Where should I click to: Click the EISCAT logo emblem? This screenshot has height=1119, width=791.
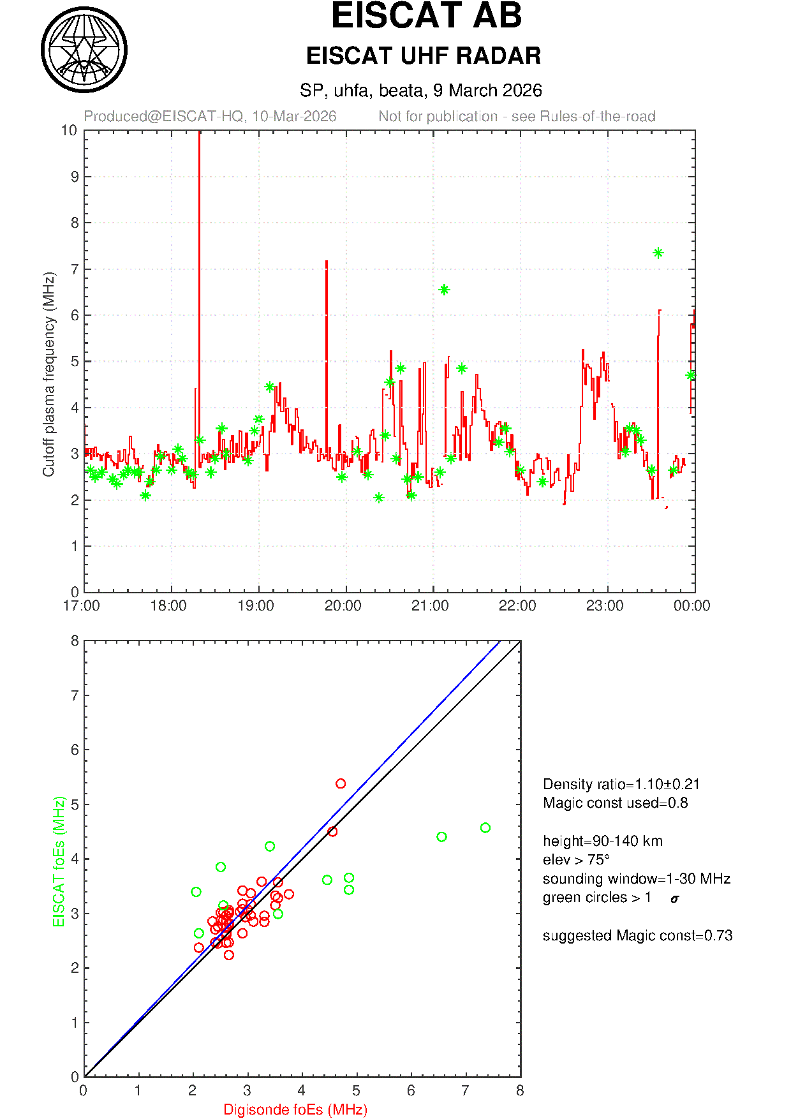84,50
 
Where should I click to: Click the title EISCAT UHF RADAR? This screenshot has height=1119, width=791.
424,56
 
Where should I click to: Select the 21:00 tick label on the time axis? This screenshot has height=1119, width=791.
430,605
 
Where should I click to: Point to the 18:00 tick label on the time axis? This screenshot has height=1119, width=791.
168,605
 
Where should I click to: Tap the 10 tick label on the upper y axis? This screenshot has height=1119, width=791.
69,131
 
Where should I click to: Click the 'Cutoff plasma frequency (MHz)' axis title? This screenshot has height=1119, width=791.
49,374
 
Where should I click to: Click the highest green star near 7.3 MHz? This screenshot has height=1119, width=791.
658,253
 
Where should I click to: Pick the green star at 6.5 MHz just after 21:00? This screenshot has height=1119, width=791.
444,290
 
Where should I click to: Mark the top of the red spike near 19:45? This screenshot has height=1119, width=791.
327,261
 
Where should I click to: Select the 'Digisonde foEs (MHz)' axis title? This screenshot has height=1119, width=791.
295,1110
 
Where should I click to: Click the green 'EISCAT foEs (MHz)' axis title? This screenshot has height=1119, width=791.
59,861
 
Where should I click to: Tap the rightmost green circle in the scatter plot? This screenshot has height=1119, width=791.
485,828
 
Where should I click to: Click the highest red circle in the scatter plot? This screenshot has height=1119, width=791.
341,783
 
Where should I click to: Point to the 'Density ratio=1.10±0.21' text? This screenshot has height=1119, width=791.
621,784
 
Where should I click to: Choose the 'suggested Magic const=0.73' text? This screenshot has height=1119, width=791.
637,936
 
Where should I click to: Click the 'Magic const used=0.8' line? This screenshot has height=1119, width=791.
615,803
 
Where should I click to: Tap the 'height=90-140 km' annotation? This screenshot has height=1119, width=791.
602,841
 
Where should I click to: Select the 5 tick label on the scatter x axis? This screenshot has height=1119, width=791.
356,1091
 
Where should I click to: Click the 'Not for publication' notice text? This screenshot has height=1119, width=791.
517,117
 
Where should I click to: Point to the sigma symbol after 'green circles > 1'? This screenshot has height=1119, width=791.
675,899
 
